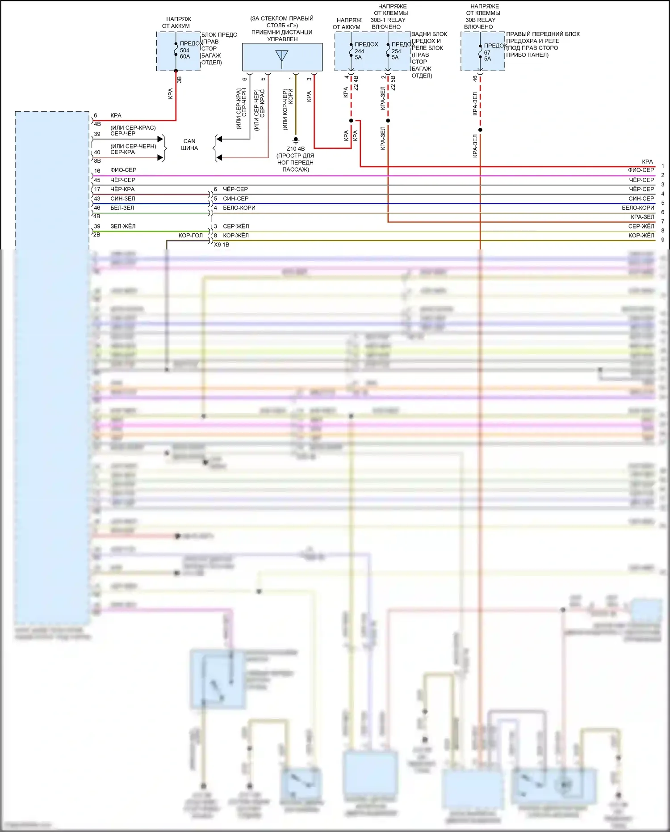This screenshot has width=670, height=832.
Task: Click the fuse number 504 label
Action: (x=184, y=51)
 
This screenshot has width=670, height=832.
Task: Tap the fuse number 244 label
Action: (x=359, y=51)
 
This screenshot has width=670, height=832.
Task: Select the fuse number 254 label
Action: (x=396, y=51)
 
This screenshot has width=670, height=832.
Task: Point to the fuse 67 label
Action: (x=487, y=52)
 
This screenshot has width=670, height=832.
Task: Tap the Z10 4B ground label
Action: (x=295, y=149)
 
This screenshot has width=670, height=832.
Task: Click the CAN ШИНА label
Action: (x=189, y=144)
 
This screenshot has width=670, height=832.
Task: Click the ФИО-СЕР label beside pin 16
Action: (x=123, y=170)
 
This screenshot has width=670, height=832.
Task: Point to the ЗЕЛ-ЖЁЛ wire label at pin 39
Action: (x=123, y=226)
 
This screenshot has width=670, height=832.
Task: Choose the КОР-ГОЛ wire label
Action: (x=190, y=236)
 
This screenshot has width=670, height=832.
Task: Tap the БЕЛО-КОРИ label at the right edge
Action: (x=638, y=208)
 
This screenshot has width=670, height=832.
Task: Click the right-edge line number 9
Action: (x=663, y=240)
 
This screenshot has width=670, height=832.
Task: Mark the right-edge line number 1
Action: (x=663, y=166)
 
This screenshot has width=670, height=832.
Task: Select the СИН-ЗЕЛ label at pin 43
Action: (x=122, y=198)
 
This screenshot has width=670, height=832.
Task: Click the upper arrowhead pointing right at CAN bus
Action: (x=160, y=139)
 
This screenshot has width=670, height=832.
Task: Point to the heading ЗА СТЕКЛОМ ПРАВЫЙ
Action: (x=282, y=19)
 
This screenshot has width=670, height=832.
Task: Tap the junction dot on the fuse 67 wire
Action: (x=480, y=130)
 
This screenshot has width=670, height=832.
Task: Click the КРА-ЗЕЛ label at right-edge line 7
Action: (x=642, y=217)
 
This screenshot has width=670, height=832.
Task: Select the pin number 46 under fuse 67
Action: (x=475, y=79)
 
